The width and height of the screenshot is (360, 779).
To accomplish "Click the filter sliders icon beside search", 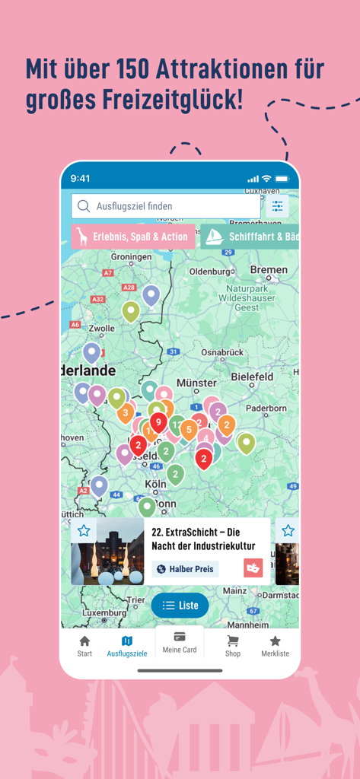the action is [278, 206].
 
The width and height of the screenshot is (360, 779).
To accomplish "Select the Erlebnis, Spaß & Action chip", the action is [133, 237].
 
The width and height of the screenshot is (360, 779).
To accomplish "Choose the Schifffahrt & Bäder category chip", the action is [251, 237].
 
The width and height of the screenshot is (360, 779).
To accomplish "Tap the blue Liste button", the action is [180, 606].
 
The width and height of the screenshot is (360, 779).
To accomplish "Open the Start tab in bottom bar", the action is [84, 646].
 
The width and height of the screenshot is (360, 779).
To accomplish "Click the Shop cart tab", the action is [233, 646].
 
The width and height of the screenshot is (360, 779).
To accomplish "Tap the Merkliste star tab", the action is [275, 646].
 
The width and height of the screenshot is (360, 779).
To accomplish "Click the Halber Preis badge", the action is [186, 569].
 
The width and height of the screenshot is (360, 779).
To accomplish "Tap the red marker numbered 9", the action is [158, 421].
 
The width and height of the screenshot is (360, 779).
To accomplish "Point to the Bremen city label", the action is [269, 270].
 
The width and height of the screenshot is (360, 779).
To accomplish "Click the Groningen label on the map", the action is [131, 257].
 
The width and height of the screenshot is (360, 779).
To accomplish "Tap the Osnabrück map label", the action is [222, 352].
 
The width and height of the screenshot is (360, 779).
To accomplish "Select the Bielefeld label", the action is [252, 377].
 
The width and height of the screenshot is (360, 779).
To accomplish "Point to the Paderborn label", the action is [266, 409].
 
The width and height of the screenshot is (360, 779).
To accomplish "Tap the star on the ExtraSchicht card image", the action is [84, 530].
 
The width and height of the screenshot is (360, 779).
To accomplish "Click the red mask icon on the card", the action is [253, 568].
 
